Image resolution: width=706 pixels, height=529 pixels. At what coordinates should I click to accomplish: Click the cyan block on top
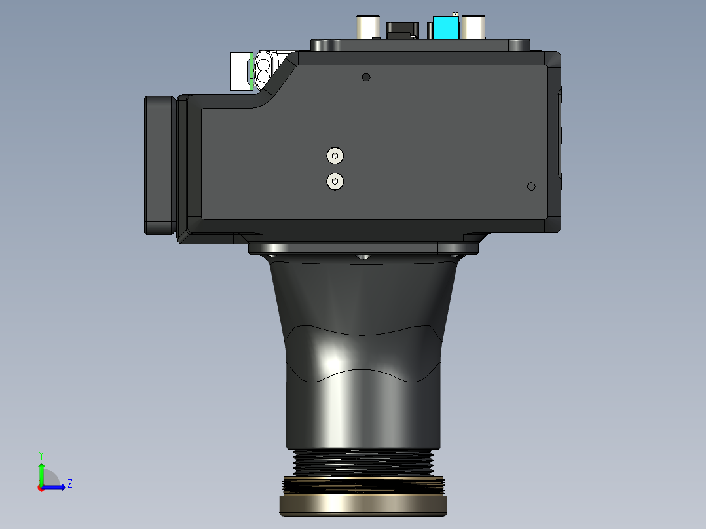[446, 27]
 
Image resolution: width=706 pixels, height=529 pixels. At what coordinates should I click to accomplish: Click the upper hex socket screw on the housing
[335, 156]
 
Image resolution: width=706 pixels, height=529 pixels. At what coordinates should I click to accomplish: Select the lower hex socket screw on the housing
[335, 181]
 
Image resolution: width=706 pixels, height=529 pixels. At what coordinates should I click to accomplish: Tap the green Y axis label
[41, 455]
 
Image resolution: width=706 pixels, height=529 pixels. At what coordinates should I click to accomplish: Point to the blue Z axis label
[70, 484]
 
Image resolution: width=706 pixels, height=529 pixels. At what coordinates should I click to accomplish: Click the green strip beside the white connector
[251, 71]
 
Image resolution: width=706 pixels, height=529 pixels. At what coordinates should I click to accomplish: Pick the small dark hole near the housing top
[366, 77]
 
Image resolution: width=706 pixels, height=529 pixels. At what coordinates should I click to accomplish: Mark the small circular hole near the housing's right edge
[531, 187]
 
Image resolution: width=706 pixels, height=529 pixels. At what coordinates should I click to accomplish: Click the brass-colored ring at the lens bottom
[363, 505]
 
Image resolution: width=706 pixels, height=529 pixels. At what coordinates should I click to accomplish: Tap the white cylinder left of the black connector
[368, 27]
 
